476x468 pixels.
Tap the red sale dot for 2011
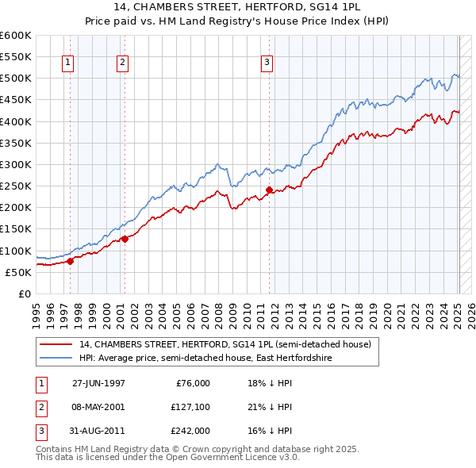269,190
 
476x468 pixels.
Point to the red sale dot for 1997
70,260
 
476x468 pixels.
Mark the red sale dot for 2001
125,239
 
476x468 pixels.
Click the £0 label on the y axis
24,293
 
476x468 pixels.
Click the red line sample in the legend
56,345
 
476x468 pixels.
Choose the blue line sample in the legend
56,359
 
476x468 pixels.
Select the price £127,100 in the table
190,407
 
